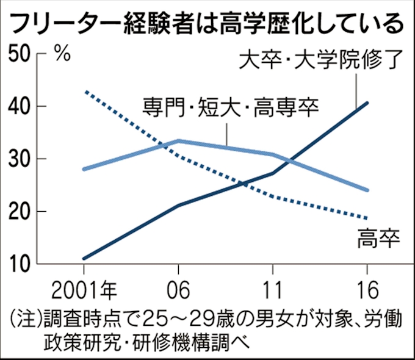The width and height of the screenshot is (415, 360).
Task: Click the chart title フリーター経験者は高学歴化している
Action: click(207, 24)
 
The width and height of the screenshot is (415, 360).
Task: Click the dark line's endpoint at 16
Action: click(367, 103)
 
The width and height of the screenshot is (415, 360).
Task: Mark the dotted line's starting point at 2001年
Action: click(85, 92)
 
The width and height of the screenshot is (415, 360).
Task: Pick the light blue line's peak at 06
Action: click(178, 140)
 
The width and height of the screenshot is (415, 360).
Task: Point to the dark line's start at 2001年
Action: click(84, 259)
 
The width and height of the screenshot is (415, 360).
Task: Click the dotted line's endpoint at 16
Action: click(367, 218)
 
